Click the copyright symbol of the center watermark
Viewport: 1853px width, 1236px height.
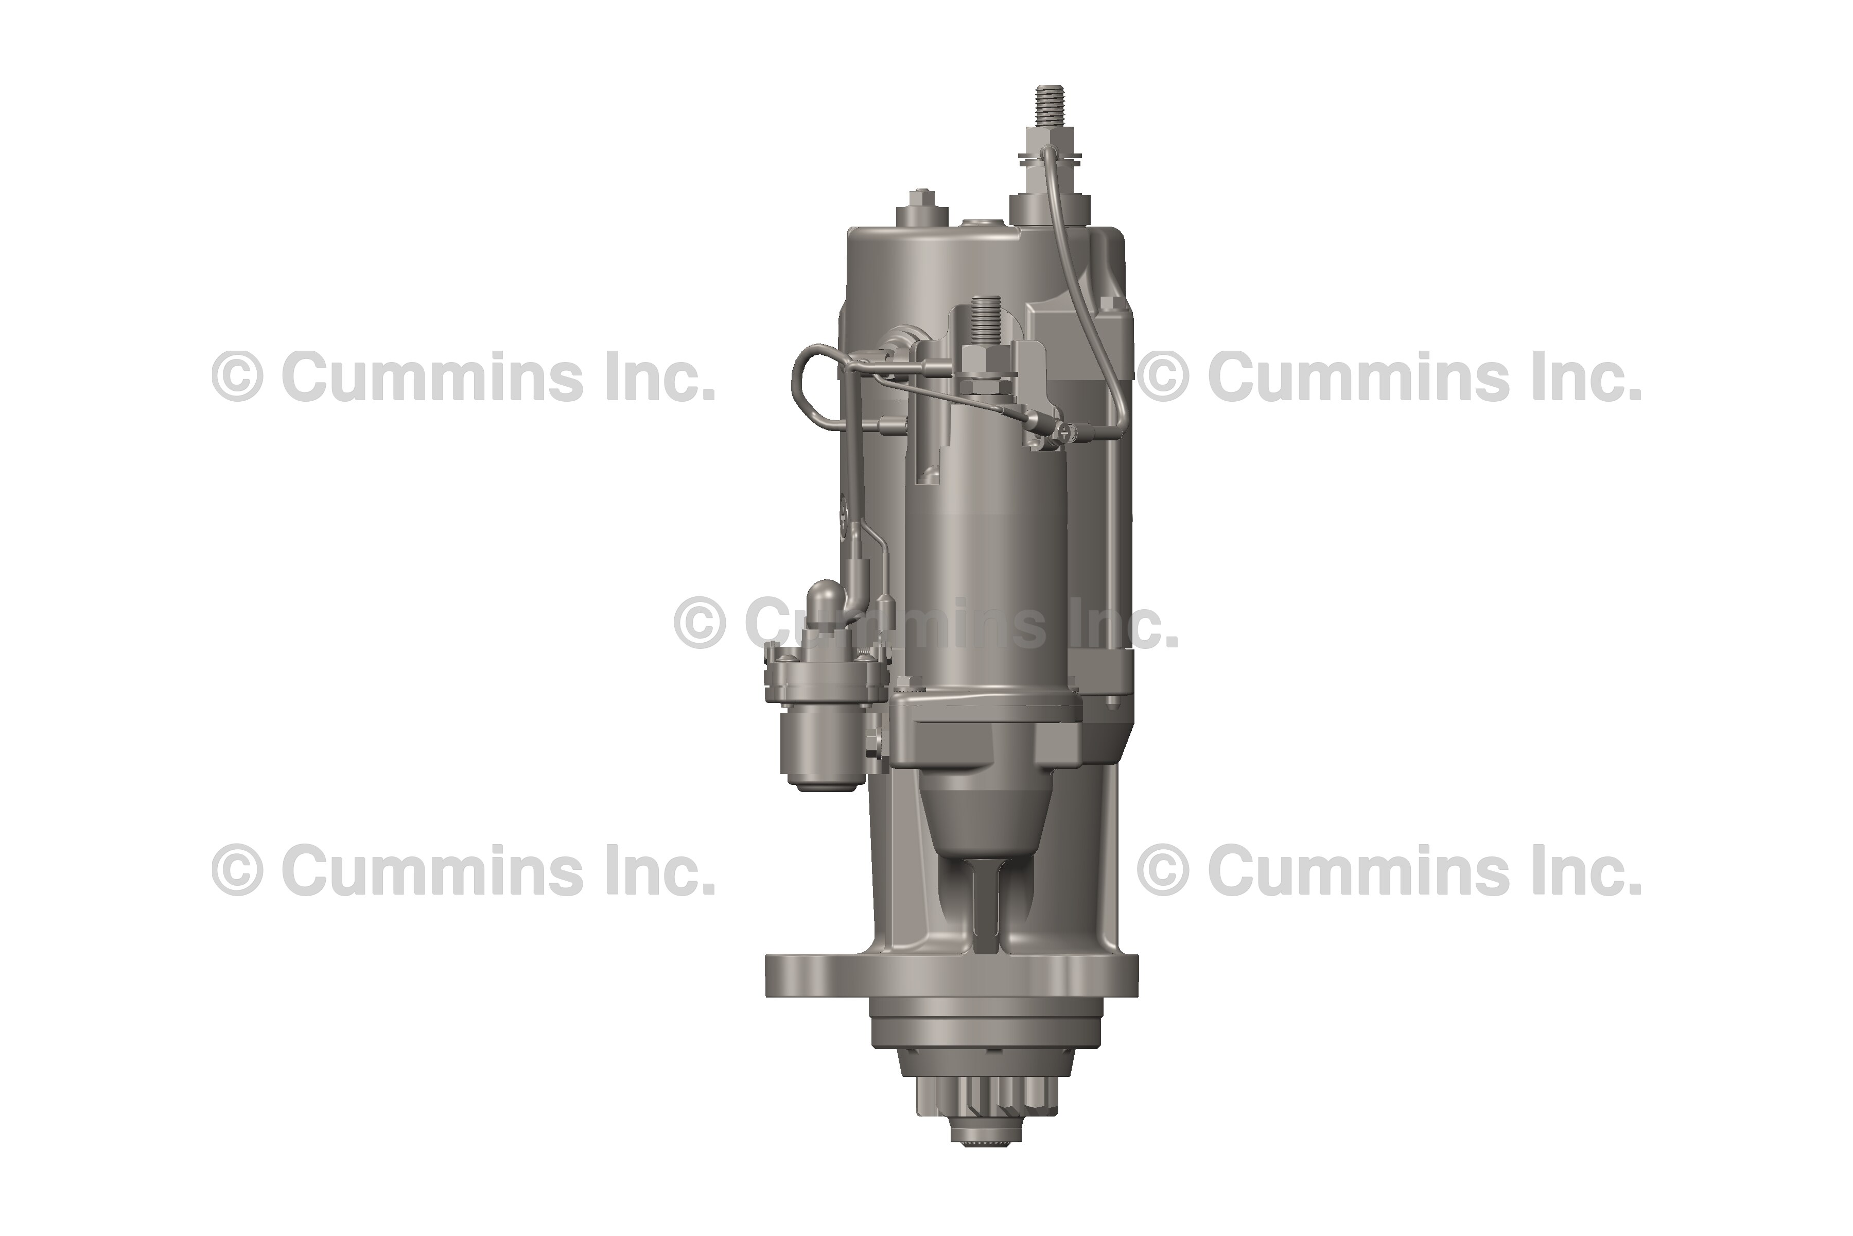coord(699,623)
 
